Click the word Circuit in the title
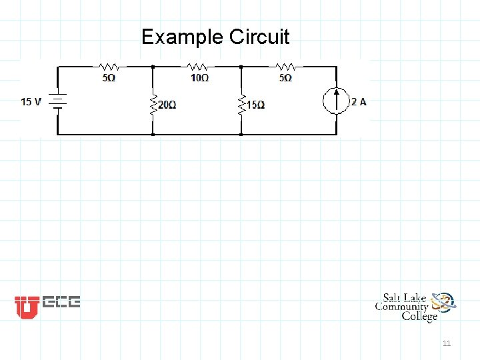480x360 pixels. point(259,37)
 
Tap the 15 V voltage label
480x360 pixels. point(31,102)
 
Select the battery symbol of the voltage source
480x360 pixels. point(57,102)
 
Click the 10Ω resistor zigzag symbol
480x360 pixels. point(197,67)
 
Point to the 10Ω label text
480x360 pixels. point(199,78)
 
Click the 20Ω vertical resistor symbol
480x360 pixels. point(153,103)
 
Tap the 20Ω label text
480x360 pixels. point(167,105)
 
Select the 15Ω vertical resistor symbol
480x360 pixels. point(241,103)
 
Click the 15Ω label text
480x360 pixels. point(255,105)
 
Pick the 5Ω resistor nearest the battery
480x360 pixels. point(109,67)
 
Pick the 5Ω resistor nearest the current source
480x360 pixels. point(285,67)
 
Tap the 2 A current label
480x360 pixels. point(359,102)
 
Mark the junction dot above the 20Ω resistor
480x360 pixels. point(153,67)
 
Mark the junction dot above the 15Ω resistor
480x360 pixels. point(241,67)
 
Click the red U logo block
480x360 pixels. point(27,307)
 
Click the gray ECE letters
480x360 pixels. point(61,303)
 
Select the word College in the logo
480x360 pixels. point(419,316)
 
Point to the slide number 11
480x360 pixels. point(447,343)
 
